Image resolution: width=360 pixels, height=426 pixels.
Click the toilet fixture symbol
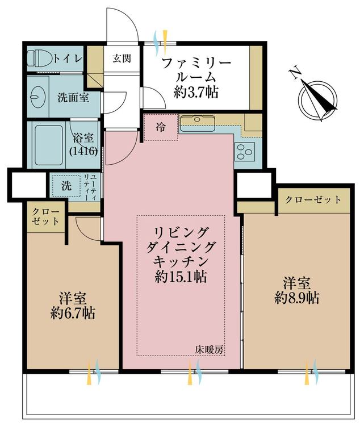(x=40, y=59)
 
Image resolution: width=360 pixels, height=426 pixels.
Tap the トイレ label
(x=68, y=59)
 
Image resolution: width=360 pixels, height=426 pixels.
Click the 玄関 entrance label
(x=122, y=59)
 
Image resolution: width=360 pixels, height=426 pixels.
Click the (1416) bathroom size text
(x=83, y=151)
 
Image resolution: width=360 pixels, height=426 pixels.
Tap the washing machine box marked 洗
(x=66, y=186)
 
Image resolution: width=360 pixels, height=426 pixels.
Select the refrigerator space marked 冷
(x=161, y=127)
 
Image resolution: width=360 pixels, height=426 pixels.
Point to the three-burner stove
(x=245, y=151)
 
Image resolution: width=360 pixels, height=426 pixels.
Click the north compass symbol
(x=318, y=100)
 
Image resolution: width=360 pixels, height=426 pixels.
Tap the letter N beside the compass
(x=295, y=73)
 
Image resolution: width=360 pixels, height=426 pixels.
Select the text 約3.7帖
(x=196, y=93)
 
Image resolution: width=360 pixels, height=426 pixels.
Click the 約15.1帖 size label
(x=180, y=277)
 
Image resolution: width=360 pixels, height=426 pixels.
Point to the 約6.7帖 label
(x=73, y=313)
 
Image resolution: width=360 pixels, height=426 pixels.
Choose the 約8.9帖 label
(x=296, y=298)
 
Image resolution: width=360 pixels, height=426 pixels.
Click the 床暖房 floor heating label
(x=210, y=350)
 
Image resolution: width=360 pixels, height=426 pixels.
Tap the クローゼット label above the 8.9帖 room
(x=313, y=200)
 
